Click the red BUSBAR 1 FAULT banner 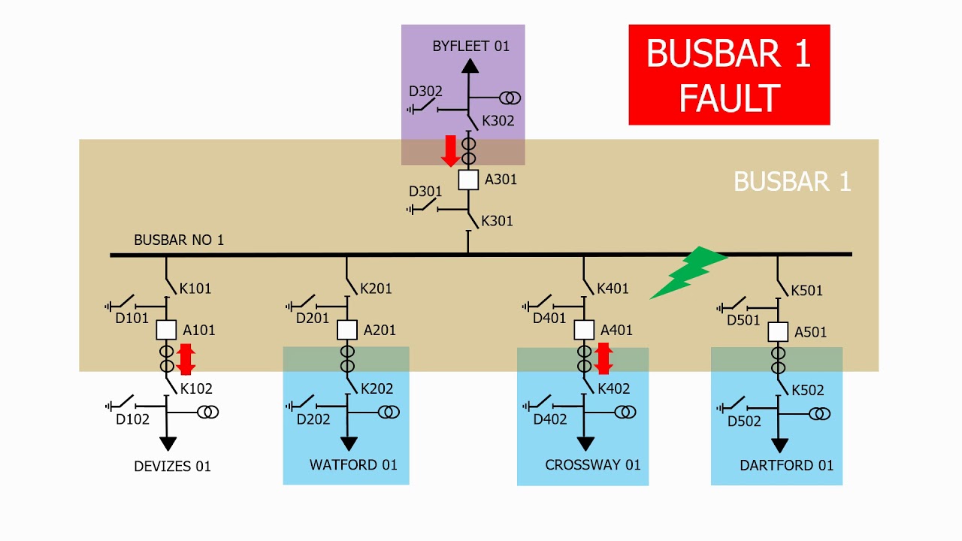pos(728,74)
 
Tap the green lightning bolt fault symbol pos(688,271)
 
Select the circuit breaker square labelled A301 pos(468,180)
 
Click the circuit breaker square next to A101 pos(166,330)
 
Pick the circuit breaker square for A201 pos(346,330)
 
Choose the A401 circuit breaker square pos(584,330)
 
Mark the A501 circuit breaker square pos(778,331)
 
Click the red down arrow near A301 pos(450,151)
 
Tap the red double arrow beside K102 pos(186,359)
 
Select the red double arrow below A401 pos(603,358)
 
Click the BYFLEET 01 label pos(470,47)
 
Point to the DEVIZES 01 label pos(172,467)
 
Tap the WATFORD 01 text pos(353,465)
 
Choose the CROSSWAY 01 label pos(593,465)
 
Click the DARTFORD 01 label pos(786,466)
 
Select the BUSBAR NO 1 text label pos(179,240)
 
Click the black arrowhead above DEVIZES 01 pos(168,443)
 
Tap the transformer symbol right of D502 pos(820,413)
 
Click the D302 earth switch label pos(425,92)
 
